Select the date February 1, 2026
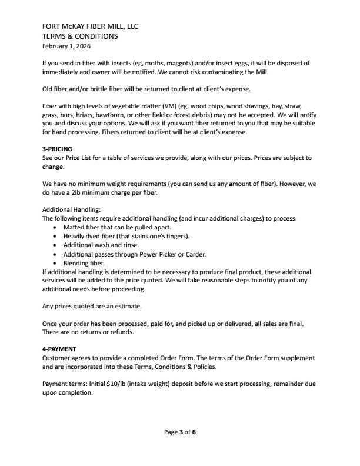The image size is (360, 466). [x=66, y=45]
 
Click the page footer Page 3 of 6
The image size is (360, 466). [x=180, y=432]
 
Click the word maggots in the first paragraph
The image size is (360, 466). [x=175, y=63]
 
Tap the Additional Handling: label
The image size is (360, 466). [x=72, y=209]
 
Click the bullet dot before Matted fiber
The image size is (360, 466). [x=55, y=227]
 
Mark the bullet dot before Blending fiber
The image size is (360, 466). [x=55, y=264]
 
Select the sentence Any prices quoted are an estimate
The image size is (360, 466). [x=92, y=306]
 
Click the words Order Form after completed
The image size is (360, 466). [x=188, y=358]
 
